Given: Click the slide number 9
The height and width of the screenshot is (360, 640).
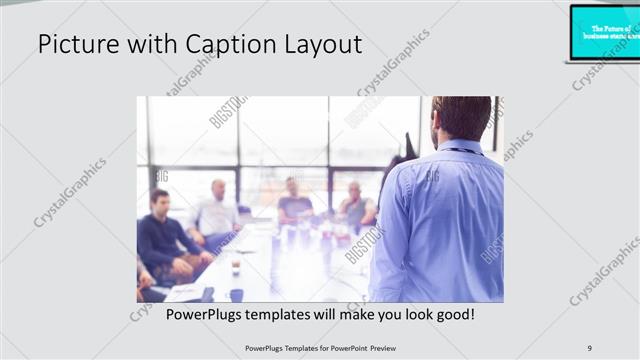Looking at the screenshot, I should coord(590,347).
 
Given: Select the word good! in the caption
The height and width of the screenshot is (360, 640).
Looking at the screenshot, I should coord(451,314).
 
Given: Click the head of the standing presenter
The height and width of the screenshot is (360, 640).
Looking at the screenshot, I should coord(462,118).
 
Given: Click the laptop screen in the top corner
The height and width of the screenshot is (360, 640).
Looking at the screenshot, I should coord(606,31).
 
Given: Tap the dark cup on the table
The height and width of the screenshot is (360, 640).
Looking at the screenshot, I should coord(236,294).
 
